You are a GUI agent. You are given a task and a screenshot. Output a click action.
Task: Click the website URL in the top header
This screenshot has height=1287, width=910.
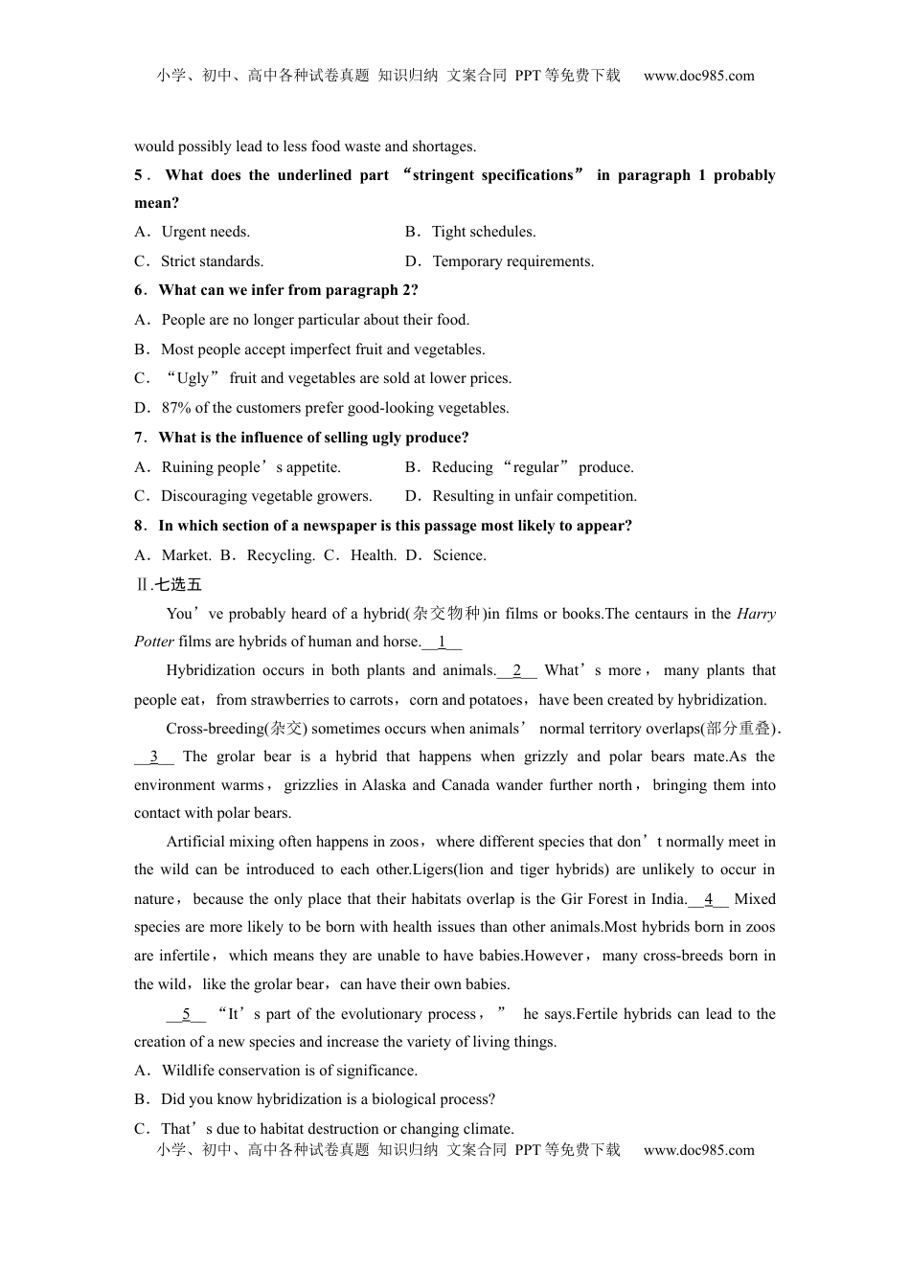coord(698,76)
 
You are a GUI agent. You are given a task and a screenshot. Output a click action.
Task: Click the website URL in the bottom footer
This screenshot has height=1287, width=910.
coord(698,1150)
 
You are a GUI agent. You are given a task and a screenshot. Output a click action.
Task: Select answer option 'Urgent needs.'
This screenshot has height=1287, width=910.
coord(205,232)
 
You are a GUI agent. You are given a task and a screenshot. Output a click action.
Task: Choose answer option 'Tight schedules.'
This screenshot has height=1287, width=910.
coord(484,232)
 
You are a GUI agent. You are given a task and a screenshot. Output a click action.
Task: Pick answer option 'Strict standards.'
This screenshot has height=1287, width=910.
coord(212,261)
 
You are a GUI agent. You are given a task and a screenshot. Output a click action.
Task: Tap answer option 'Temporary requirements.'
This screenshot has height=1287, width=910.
coord(512,261)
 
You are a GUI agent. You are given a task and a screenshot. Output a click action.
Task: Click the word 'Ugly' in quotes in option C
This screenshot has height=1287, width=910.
coord(193,378)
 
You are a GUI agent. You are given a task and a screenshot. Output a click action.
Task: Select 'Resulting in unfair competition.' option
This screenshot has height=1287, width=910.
coord(534,496)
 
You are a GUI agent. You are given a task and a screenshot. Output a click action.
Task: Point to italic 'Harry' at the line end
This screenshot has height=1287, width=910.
coord(756,614)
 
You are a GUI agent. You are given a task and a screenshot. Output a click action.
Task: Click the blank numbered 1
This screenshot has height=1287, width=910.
coord(442,642)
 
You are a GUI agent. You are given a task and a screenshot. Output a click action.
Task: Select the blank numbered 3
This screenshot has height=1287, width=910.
coord(154,756)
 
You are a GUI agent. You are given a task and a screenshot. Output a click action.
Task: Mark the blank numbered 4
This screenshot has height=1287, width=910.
coord(709,899)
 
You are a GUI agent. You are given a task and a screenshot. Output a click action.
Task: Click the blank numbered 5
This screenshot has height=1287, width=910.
coord(186,1014)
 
